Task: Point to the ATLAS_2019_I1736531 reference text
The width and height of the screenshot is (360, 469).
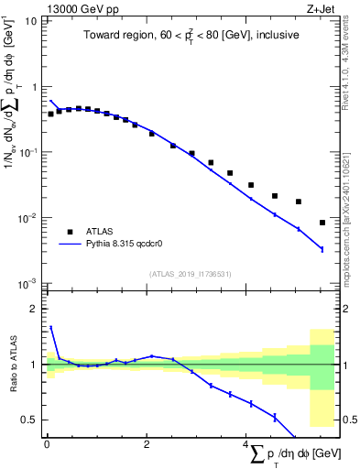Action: pos(190,274)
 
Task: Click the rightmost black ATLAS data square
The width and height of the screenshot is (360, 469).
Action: pos(322,223)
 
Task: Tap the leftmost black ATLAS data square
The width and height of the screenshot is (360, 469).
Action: pos(51,115)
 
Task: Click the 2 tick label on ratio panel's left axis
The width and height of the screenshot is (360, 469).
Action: pos(35,309)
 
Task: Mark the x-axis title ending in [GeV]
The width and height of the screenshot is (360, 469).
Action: pos(293,454)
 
